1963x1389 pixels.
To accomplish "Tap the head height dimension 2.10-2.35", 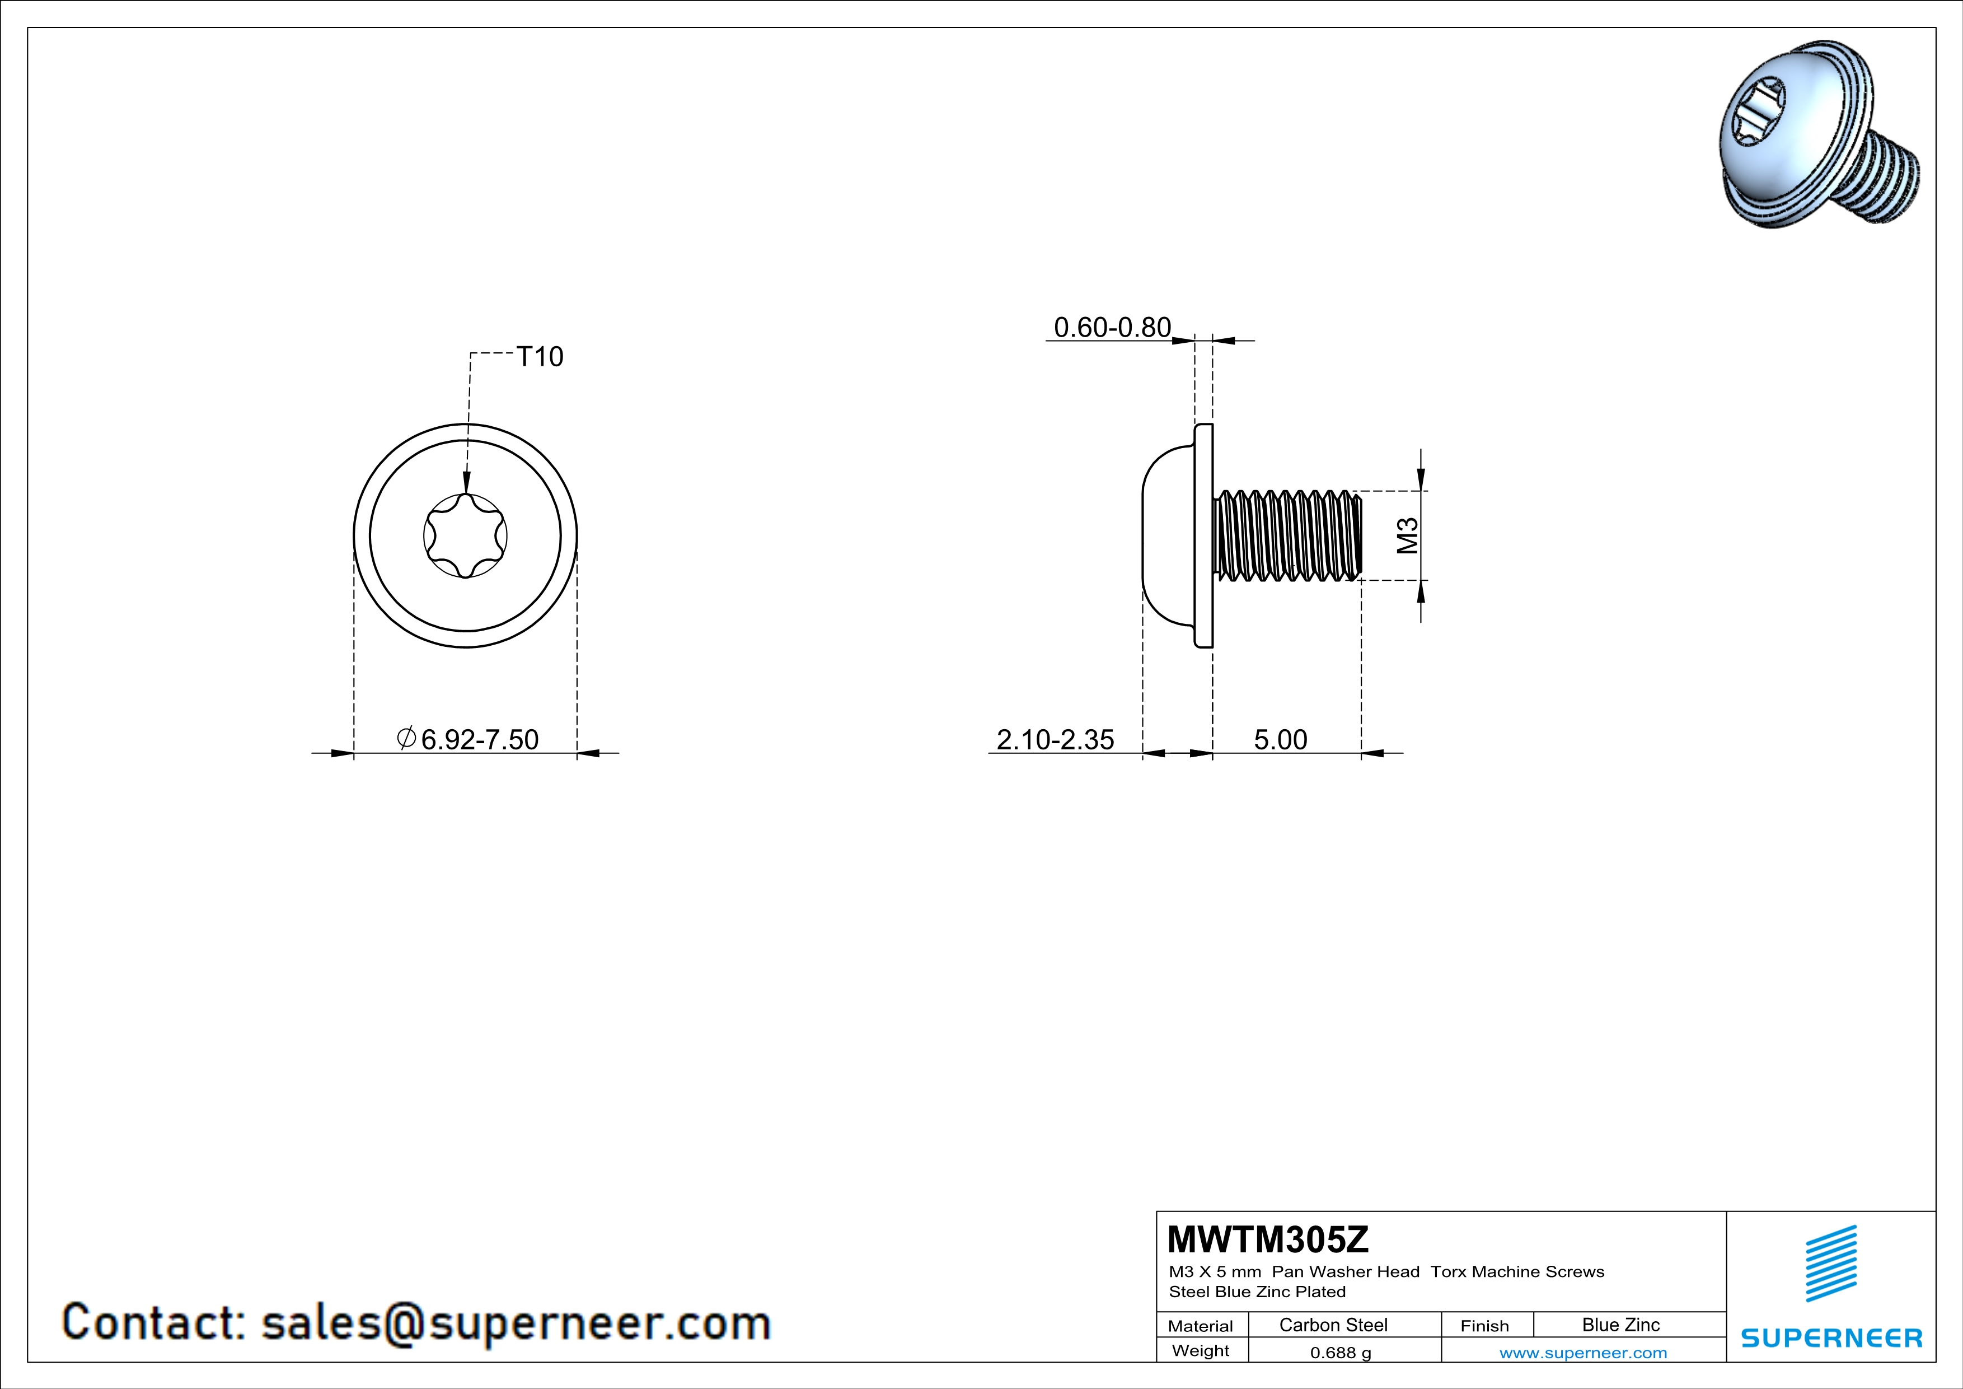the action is tap(1055, 739).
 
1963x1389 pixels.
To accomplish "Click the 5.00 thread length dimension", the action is tap(1281, 739).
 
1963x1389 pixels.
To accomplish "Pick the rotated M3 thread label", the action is tap(1407, 535).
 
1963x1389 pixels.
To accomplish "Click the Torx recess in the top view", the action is tap(465, 536).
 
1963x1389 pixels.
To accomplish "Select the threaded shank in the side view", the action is tap(1287, 535).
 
